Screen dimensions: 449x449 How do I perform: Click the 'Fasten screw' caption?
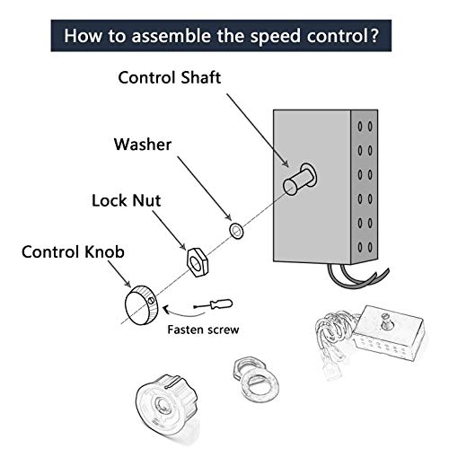pos(204,330)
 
